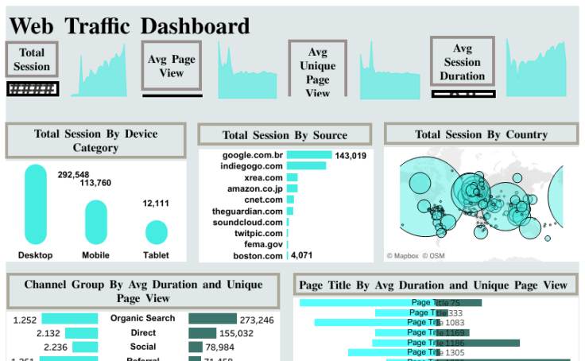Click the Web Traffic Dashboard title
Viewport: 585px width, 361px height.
point(130,26)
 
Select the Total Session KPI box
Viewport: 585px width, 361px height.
point(32,60)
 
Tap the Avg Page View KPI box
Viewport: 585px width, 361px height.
point(172,66)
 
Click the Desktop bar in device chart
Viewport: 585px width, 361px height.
point(36,204)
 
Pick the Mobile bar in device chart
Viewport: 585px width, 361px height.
point(95,222)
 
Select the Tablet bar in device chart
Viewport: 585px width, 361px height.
point(157,232)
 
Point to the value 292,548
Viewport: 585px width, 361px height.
point(73,175)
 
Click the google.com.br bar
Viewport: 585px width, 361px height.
point(309,155)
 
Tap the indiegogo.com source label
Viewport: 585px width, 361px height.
point(252,166)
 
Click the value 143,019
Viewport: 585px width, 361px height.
point(351,156)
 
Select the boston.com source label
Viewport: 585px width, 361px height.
point(258,255)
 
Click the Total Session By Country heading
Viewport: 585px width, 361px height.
point(481,134)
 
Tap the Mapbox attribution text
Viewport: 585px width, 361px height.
point(402,256)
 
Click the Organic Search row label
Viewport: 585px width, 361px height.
point(142,319)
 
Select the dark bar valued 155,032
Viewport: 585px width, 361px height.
point(202,333)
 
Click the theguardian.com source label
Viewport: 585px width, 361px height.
point(247,211)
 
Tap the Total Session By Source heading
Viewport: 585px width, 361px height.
point(285,135)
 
